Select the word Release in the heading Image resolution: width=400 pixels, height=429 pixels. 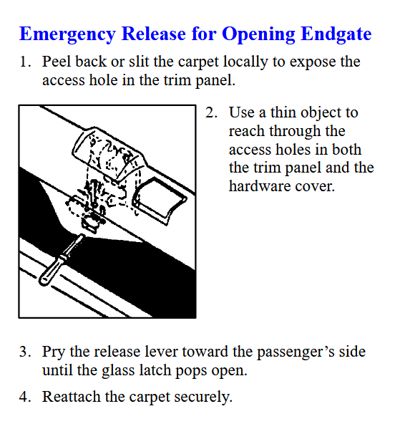[153, 34]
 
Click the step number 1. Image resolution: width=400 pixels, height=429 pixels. [24, 62]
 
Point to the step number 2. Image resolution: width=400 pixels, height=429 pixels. [211, 112]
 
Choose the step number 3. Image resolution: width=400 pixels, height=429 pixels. [24, 352]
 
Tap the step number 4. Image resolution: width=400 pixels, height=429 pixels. [24, 397]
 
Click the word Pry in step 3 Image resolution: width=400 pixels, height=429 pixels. [54, 352]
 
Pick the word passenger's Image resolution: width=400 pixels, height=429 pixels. [296, 352]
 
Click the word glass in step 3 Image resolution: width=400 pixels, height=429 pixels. [118, 371]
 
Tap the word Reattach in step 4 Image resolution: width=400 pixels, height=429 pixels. [71, 397]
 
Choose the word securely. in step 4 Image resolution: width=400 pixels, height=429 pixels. [203, 397]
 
